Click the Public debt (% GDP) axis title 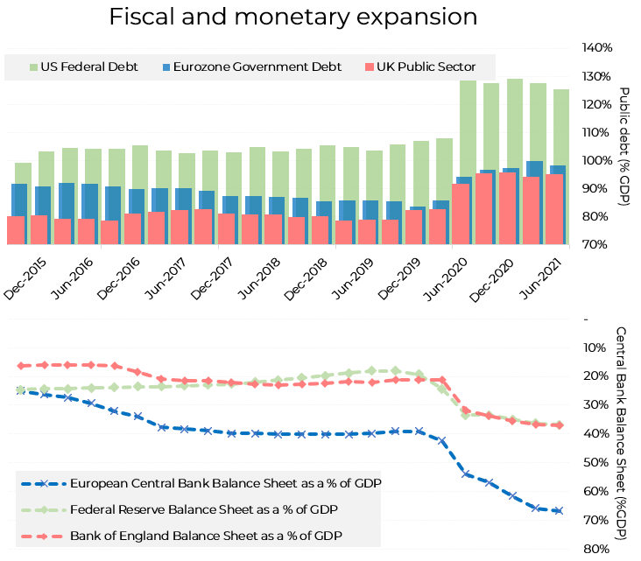coord(624,147)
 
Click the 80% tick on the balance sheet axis coord(593,549)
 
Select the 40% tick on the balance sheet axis coord(593,433)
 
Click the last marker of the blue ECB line coord(559,510)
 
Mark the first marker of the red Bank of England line coord(21,365)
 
